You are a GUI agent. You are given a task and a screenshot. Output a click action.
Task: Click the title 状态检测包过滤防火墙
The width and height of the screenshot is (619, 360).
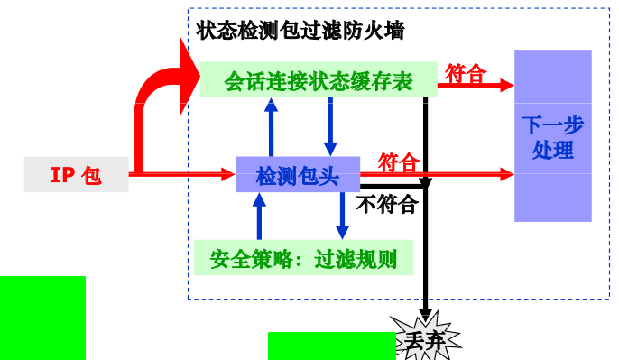300,30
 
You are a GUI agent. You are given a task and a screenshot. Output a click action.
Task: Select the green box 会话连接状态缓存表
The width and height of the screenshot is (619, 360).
318,80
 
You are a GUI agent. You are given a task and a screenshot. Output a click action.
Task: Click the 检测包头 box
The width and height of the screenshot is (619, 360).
297,175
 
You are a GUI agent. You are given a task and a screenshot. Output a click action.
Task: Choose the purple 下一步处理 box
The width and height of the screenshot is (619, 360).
552,136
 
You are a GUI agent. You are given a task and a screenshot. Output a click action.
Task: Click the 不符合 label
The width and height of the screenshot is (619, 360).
386,205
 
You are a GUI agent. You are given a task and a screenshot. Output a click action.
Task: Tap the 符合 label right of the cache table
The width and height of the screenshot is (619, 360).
466,73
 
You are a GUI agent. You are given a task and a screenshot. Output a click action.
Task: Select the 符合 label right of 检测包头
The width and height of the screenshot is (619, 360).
398,162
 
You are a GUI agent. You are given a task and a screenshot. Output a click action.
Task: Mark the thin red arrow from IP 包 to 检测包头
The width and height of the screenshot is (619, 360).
180,174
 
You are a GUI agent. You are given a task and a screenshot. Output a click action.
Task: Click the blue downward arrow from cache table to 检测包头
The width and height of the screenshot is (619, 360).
330,126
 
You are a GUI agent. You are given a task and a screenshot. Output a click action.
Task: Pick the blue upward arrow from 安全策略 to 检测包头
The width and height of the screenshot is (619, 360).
259,217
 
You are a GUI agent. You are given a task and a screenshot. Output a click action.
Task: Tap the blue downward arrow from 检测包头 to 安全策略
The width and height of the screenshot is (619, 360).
342,217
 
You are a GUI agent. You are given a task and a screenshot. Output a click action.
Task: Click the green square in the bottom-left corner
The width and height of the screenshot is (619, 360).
42,318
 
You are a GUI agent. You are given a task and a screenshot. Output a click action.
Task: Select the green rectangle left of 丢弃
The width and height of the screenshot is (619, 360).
331,346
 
